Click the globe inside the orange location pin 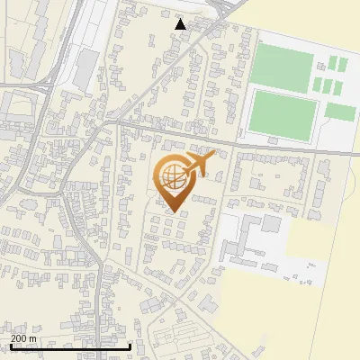click(x=173, y=176)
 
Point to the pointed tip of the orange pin click(x=173, y=212)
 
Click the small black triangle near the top click(x=181, y=24)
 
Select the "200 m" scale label click(x=24, y=337)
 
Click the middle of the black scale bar click(x=71, y=346)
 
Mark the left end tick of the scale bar click(x=12, y=346)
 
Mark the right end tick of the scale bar click(x=130, y=346)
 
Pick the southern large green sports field click(x=283, y=113)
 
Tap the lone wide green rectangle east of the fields click(x=340, y=112)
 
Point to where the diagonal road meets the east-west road click(x=108, y=120)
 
